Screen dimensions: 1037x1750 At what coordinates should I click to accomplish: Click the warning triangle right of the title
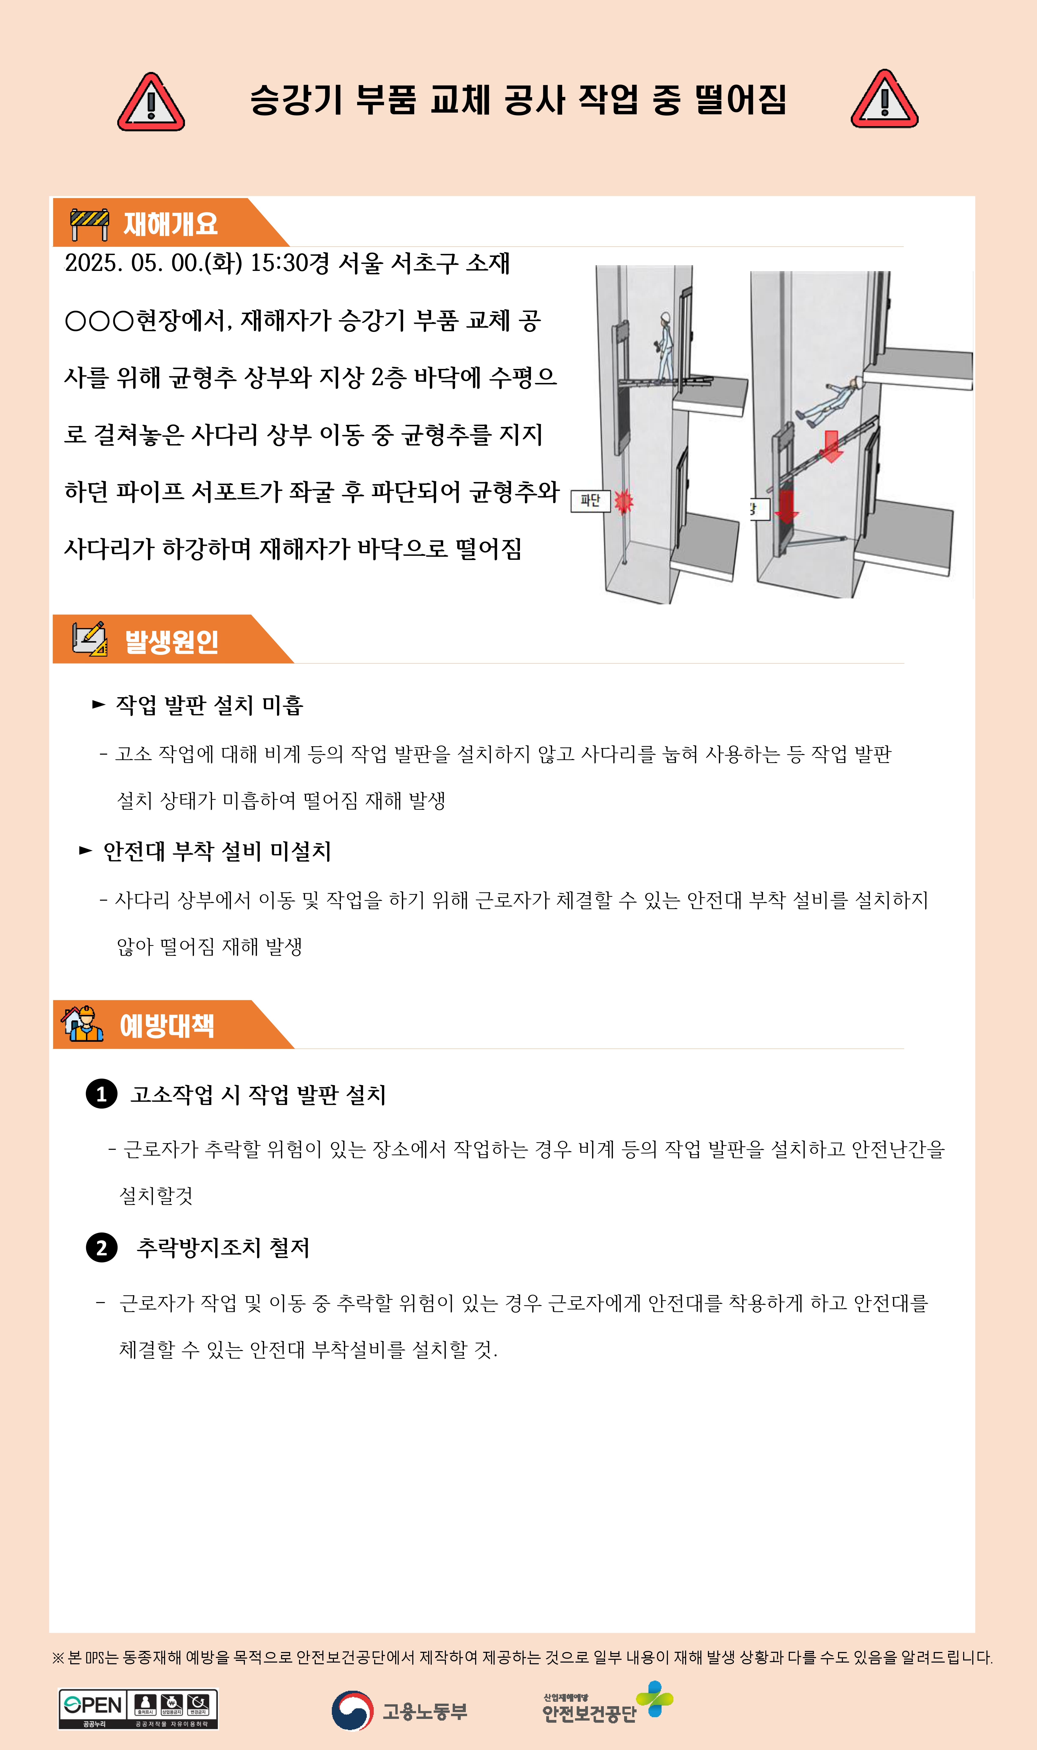coord(885,99)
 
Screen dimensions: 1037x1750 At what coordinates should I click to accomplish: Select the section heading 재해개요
coord(171,224)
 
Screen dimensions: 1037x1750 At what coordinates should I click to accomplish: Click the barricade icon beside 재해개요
coord(90,224)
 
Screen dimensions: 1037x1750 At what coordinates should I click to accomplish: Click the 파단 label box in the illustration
coord(590,501)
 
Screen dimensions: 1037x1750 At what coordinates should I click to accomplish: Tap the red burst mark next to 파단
coord(623,501)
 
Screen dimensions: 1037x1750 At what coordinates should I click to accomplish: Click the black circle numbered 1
coord(101,1094)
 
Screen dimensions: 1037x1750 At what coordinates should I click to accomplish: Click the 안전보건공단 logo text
coord(589,1714)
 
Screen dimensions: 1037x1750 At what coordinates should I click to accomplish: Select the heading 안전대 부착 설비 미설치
coord(217,851)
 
